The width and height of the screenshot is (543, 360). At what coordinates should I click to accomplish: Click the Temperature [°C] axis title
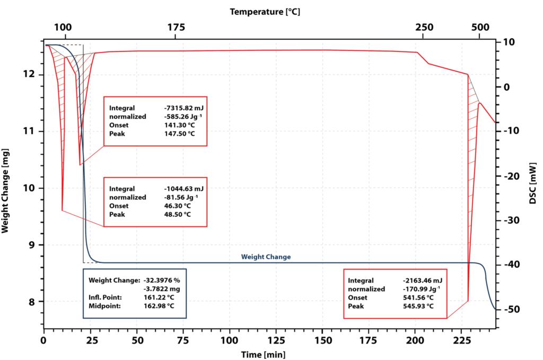265,11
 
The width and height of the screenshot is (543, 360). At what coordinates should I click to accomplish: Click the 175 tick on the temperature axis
176,28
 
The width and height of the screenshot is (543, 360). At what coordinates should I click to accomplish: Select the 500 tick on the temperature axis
479,28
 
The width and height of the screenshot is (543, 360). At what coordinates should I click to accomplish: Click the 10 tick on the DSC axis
507,42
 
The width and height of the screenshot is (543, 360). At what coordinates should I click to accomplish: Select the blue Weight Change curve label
266,257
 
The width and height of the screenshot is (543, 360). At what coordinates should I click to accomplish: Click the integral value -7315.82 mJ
184,108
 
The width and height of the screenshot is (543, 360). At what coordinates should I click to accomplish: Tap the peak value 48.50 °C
177,214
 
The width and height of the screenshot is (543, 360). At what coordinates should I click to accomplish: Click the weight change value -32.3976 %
162,279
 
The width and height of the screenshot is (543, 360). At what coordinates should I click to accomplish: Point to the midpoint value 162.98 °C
159,306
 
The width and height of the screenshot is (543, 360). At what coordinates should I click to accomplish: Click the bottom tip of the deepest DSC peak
468,301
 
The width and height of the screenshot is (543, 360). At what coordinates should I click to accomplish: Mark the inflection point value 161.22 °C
159,297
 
